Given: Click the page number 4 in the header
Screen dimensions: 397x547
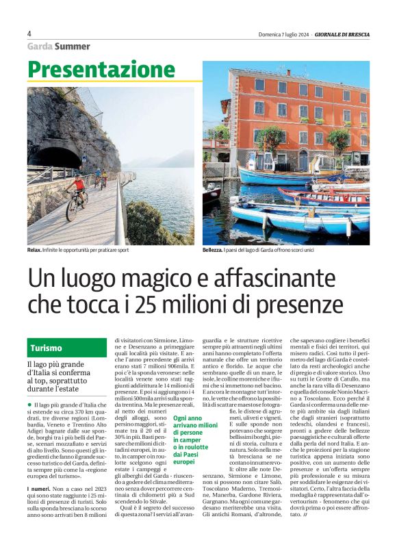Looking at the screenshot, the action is pyautogui.click(x=29, y=34).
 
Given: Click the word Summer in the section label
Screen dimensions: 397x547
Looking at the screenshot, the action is pyautogui.click(x=73, y=47).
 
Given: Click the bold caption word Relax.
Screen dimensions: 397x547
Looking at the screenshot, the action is pyautogui.click(x=35, y=251).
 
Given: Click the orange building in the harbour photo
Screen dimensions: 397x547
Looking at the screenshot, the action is pyautogui.click(x=294, y=113).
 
